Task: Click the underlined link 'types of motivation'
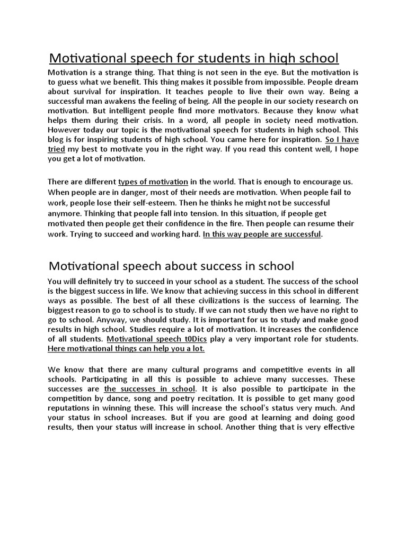point(153,181)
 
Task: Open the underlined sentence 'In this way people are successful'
point(262,234)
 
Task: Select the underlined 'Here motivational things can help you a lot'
point(126,349)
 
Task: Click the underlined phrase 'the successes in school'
point(150,389)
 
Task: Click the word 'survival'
point(86,92)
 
